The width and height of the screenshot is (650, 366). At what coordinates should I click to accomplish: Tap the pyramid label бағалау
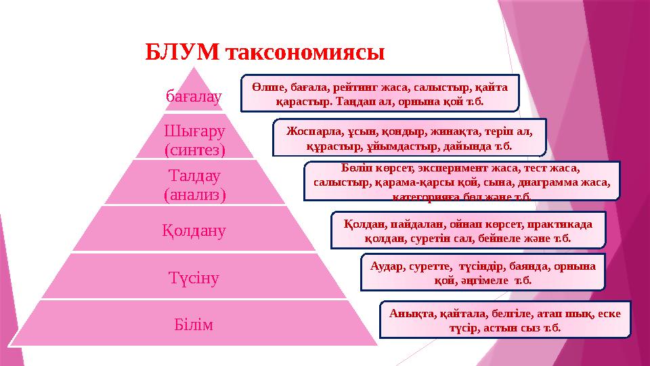tap(194, 98)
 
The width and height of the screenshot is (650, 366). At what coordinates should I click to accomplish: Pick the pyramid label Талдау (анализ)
tap(194, 184)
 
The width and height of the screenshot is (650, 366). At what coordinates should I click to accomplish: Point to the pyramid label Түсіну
tap(194, 277)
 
